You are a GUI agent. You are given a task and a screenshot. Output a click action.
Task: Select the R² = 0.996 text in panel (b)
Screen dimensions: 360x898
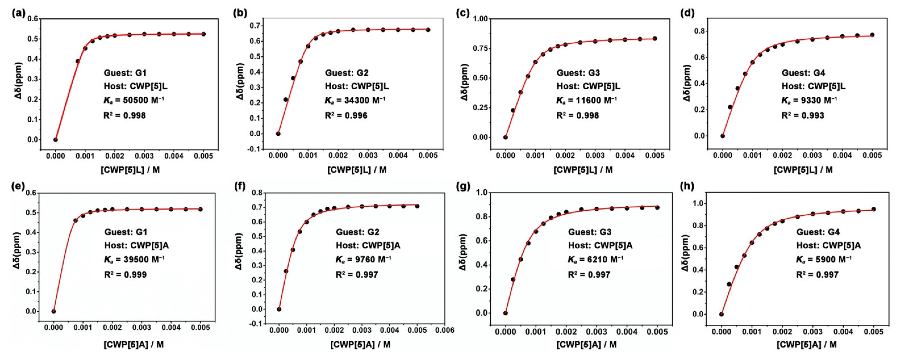click(x=346, y=115)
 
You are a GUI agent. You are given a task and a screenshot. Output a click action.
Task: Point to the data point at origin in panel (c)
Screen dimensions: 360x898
click(x=505, y=137)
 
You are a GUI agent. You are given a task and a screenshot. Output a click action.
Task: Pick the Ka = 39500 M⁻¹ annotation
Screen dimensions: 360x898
click(x=134, y=260)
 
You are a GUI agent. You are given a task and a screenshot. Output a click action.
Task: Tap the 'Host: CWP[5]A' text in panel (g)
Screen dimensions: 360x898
click(x=600, y=245)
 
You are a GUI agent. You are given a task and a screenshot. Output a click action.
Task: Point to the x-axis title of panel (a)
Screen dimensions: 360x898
click(x=129, y=170)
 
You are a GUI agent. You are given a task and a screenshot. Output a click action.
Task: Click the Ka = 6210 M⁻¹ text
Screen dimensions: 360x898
click(x=595, y=260)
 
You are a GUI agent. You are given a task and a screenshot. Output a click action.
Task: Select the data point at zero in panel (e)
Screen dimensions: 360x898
click(x=54, y=311)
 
